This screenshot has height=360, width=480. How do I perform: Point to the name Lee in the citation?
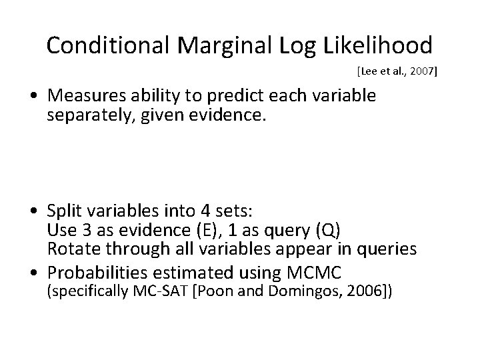369,70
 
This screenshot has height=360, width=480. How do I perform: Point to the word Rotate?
70,249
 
